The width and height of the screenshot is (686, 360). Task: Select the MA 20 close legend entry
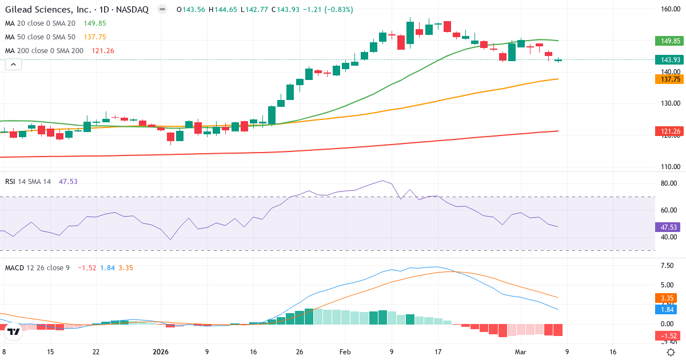(x=40, y=23)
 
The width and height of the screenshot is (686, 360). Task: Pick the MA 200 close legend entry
(x=44, y=51)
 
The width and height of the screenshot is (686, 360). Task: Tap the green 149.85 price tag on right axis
(x=669, y=41)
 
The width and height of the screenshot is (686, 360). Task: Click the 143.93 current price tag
(x=669, y=60)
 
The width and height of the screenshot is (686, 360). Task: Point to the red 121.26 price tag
(x=669, y=131)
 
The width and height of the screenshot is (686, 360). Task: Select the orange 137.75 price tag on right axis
(x=669, y=79)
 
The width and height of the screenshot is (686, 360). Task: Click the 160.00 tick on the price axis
(x=669, y=9)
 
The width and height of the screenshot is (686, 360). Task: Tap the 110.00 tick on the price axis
(x=669, y=167)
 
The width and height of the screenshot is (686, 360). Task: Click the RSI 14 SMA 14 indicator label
(x=28, y=181)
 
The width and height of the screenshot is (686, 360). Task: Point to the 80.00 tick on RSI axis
(x=668, y=183)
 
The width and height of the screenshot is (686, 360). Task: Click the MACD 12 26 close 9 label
(x=37, y=267)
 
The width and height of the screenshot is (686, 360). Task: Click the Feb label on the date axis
(x=345, y=352)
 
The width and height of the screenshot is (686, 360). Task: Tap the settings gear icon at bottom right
(x=672, y=352)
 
